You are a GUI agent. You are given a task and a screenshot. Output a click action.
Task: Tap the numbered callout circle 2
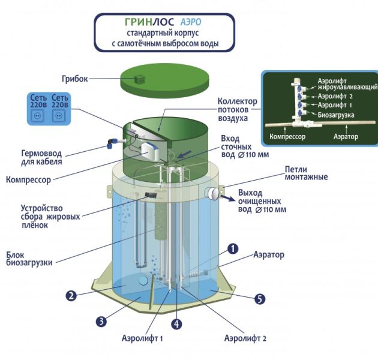(71, 295)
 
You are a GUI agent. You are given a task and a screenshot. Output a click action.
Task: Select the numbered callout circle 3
(102, 320)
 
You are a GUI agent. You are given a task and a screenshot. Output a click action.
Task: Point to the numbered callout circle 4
(176, 325)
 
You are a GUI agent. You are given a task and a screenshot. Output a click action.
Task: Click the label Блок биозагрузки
(25, 259)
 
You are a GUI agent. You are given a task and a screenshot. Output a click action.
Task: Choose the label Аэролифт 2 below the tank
(245, 338)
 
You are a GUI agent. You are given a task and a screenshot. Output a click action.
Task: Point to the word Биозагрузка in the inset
(336, 115)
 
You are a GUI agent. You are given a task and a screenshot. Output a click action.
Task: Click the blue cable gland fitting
(110, 143)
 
